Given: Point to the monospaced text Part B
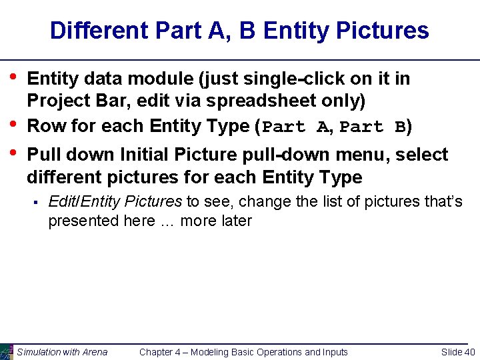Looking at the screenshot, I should coord(373,127).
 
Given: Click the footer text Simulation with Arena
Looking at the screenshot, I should coord(62,352).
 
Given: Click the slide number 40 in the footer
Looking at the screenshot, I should coord(469,352).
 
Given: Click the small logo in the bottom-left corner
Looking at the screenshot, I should coord(6,352).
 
